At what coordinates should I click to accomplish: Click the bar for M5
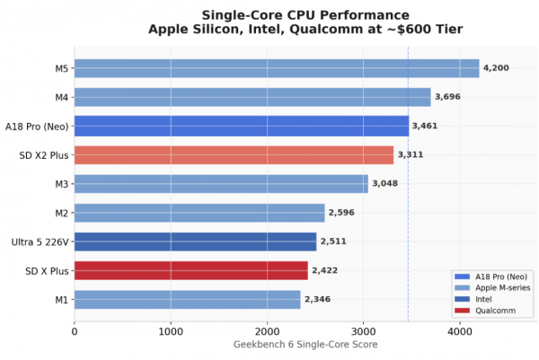277,68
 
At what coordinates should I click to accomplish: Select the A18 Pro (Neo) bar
241,126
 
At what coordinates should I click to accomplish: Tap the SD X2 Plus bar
234,154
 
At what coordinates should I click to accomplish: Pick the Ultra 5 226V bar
195,241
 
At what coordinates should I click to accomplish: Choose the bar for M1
187,299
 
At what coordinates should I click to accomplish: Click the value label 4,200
497,68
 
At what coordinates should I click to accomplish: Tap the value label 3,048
385,184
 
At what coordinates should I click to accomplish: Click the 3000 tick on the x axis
363,329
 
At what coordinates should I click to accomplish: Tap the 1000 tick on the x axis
171,329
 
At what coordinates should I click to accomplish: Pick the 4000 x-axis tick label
459,329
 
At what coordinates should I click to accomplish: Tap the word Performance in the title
367,15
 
